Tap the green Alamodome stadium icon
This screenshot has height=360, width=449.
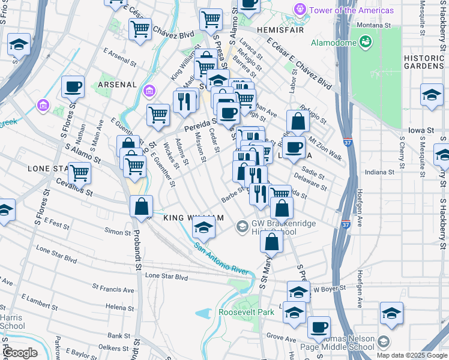tap(364, 41)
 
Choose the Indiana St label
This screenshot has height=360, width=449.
tap(381, 172)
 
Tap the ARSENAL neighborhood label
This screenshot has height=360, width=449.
tap(117, 85)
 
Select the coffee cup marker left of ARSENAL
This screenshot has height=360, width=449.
tap(73, 88)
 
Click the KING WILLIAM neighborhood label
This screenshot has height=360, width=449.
tap(194, 217)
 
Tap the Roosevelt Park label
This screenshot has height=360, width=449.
tap(246, 312)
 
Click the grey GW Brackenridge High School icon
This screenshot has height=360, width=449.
tap(242, 226)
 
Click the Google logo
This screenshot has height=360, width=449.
tap(20, 353)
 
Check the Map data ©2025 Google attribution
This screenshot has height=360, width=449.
tap(411, 355)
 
